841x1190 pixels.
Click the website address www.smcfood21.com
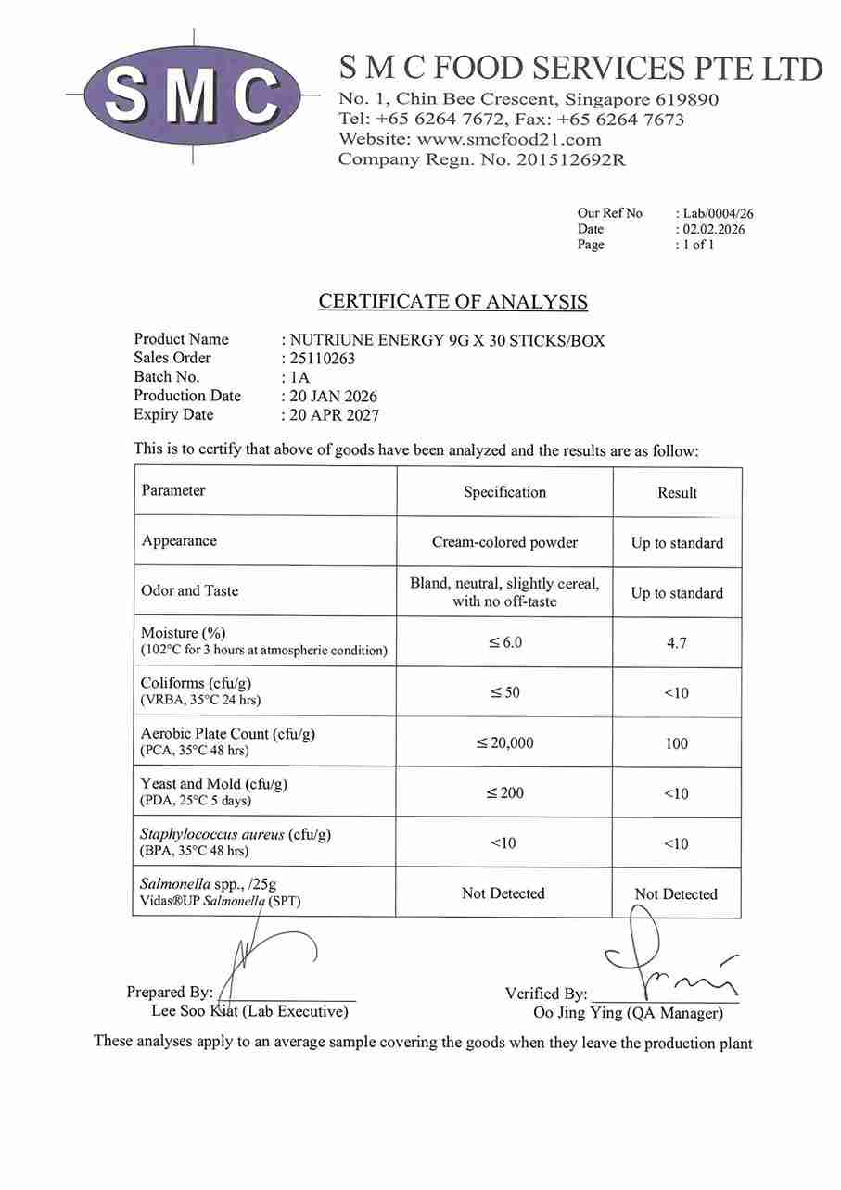point(509,140)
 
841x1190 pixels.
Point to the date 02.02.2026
point(714,229)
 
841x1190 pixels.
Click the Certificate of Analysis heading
point(452,301)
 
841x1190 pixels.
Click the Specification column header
point(504,492)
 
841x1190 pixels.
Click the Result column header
point(677,493)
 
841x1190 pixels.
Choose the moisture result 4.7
point(677,642)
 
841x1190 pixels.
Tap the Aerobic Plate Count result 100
point(677,743)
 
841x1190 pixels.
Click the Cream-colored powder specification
point(504,542)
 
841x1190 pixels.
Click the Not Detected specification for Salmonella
point(503,893)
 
